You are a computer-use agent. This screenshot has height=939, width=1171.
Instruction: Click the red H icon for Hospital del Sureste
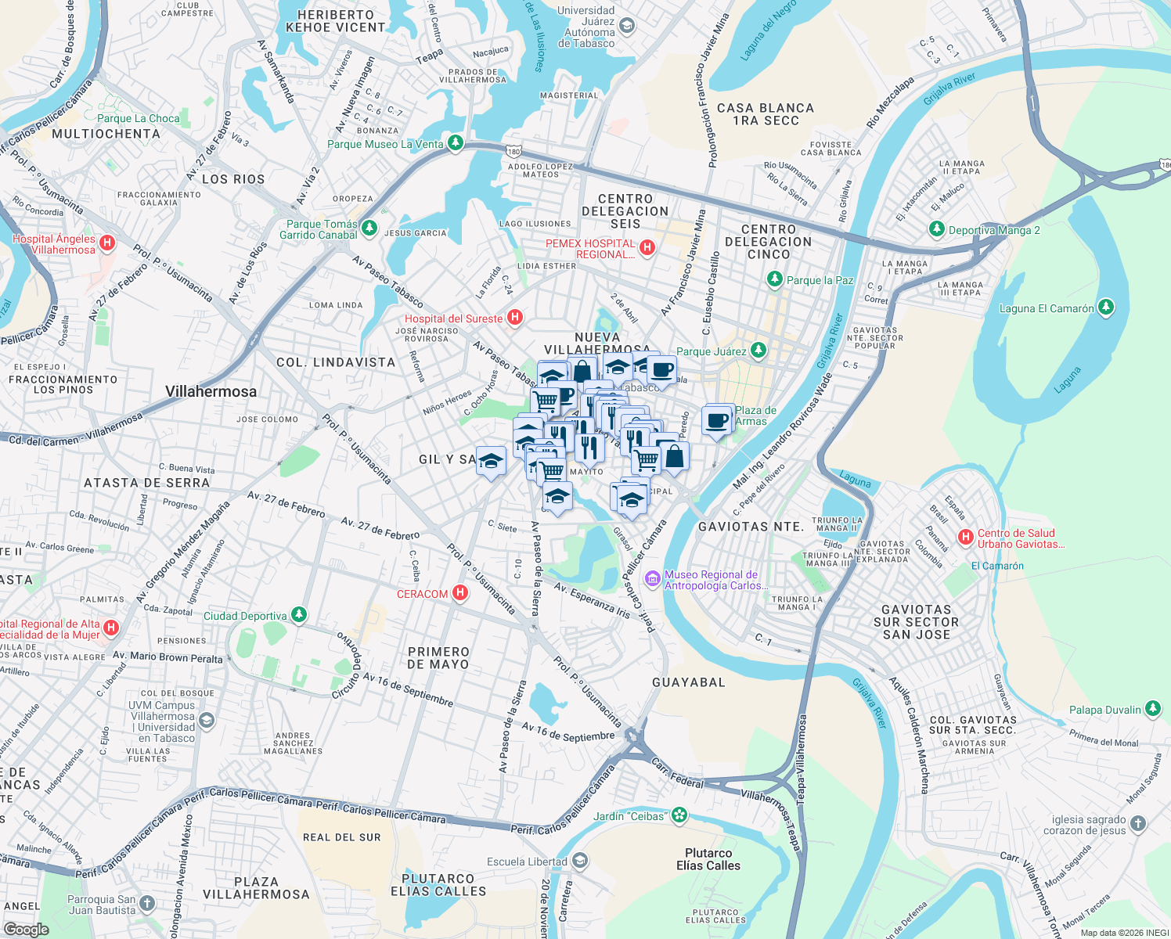coord(515,317)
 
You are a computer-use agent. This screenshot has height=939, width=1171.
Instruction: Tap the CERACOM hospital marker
coord(460,593)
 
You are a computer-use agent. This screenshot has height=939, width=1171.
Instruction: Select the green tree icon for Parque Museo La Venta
coord(456,143)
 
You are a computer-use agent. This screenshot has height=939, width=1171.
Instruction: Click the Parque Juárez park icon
coord(758,350)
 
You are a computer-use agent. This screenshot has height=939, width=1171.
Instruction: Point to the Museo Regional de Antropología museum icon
coord(652,579)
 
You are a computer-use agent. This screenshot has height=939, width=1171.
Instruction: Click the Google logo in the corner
coord(26,929)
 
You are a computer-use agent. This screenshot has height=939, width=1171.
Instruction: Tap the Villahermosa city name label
coord(211,391)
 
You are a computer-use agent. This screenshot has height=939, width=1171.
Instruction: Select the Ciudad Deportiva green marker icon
coord(299,615)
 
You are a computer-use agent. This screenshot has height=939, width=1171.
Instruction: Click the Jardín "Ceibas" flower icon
coord(679,815)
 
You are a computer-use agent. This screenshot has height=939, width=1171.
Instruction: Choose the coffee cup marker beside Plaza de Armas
coord(717,420)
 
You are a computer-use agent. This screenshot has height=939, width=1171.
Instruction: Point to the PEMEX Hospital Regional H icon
coord(647,248)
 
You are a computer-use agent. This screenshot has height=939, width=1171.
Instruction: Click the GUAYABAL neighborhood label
coord(689,682)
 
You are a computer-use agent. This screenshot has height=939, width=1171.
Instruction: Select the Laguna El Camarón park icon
coord(1106,308)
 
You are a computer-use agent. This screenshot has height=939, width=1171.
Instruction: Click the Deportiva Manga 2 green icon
coord(937,229)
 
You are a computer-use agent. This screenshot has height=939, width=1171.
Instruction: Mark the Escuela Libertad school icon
coord(579,861)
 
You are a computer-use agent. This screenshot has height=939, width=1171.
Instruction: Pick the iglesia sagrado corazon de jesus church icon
coord(1138,823)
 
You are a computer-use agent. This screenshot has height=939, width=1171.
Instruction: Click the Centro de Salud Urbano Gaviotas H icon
coord(966,538)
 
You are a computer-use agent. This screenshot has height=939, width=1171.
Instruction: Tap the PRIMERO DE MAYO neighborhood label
coord(438,657)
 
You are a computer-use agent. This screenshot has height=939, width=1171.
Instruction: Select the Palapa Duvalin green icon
coord(1153,709)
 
